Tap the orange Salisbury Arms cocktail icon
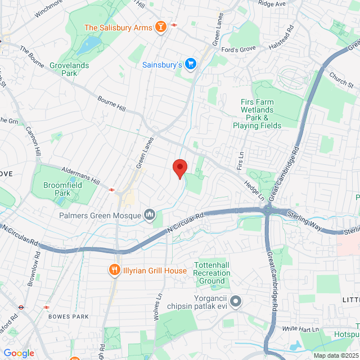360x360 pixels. (x=161, y=26)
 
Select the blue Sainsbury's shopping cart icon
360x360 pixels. (x=191, y=65)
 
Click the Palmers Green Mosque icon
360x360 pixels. (x=150, y=214)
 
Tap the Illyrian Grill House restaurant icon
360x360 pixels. (x=115, y=271)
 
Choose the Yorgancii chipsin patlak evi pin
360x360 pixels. (x=236, y=301)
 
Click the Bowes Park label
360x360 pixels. (x=68, y=317)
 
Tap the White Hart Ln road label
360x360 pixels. (x=300, y=328)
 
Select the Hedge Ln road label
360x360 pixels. (x=254, y=189)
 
